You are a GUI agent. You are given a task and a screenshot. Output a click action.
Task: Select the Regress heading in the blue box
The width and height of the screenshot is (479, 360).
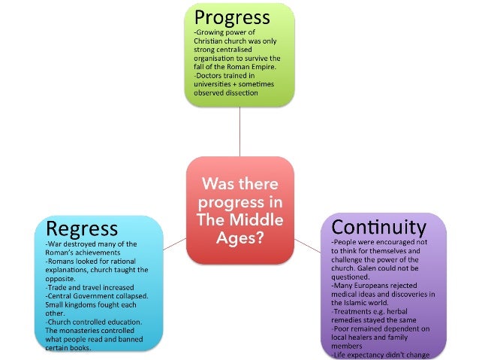(x=82, y=228)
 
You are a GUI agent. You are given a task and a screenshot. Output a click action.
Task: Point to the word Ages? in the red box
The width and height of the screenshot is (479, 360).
(x=239, y=237)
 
